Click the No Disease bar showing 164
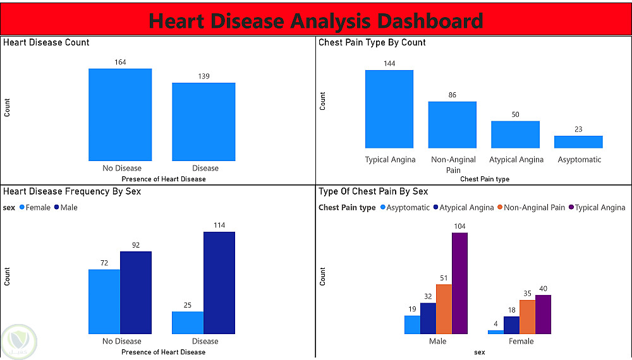pyautogui.click(x=120, y=115)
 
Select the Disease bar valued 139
pyautogui.click(x=204, y=122)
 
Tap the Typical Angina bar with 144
pyautogui.click(x=389, y=109)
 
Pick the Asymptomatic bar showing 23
pyautogui.click(x=578, y=141)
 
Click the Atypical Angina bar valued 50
pyautogui.click(x=516, y=135)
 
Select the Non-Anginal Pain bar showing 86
pyautogui.click(x=453, y=125)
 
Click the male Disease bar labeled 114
pyautogui.click(x=219, y=283)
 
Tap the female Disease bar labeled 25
pyautogui.click(x=188, y=323)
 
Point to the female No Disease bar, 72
pyautogui.click(x=104, y=302)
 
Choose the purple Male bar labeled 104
pyautogui.click(x=460, y=283)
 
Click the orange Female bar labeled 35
pyautogui.click(x=527, y=317)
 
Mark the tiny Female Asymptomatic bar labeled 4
pyautogui.click(x=495, y=332)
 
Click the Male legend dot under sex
pyautogui.click(x=57, y=207)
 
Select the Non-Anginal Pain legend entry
pyautogui.click(x=532, y=207)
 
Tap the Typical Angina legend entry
pyautogui.click(x=597, y=207)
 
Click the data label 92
pyautogui.click(x=136, y=245)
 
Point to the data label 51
pyautogui.click(x=444, y=278)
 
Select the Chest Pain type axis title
pyautogui.click(x=485, y=179)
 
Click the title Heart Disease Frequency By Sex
pyautogui.click(x=72, y=191)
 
